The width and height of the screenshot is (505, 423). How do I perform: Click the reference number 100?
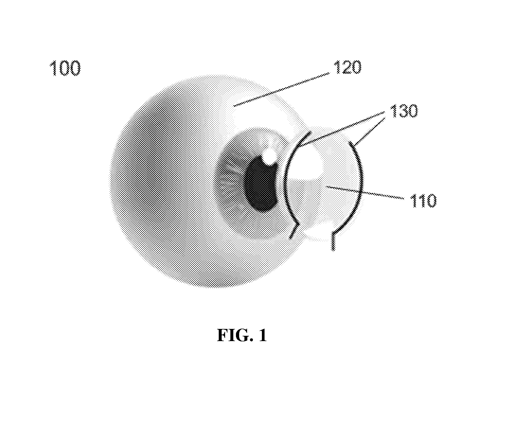(x=65, y=68)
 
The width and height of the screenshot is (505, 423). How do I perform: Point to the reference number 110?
(x=423, y=200)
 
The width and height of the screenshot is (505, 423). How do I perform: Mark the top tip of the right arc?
(x=350, y=143)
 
